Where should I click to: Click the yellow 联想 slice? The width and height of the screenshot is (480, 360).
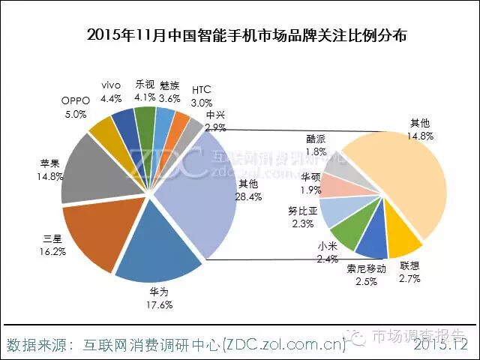click(405, 240)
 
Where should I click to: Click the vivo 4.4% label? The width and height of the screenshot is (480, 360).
click(110, 92)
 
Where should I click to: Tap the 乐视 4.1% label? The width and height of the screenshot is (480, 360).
click(145, 90)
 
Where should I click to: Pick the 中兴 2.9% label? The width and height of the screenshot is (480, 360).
click(215, 121)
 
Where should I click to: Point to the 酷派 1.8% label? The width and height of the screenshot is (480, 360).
click(316, 145)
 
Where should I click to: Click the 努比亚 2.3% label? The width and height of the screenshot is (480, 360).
click(303, 217)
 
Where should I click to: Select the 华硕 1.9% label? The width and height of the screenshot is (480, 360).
click(310, 182)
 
